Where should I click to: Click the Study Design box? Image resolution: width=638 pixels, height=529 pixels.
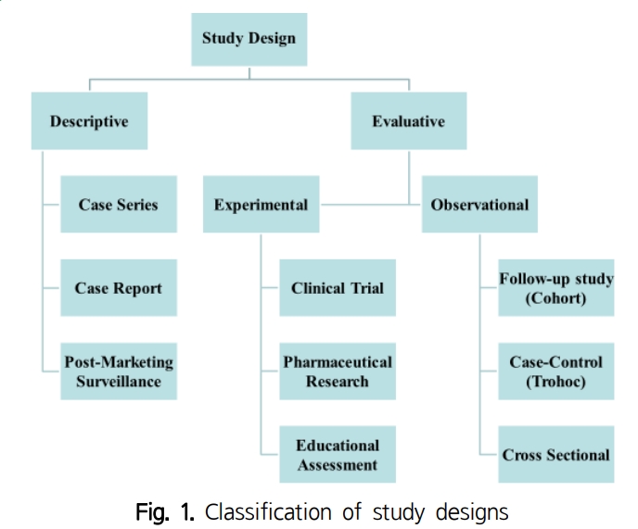(249, 38)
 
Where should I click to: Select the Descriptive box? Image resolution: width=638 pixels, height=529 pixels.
(89, 121)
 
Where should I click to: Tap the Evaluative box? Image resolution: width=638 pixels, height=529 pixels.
(408, 121)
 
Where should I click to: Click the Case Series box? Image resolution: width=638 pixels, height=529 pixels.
(118, 205)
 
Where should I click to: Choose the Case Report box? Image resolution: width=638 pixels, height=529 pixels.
(118, 288)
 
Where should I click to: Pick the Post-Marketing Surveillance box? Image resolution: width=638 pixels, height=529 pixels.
(118, 371)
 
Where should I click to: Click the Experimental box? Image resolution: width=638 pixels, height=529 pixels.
(261, 205)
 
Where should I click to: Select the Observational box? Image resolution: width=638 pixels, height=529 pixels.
(479, 205)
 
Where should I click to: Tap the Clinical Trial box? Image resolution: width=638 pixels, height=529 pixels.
(337, 288)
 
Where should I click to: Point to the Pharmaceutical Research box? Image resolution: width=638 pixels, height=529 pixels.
(337, 371)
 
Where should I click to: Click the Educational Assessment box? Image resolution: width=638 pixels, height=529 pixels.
(337, 454)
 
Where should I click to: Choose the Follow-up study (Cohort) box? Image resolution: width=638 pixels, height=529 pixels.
(555, 288)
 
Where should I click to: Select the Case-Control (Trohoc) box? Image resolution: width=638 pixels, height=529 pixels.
(555, 371)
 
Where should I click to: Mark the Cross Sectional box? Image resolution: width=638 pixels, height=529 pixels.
(555, 454)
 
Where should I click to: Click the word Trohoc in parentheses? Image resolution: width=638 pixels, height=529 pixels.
(555, 381)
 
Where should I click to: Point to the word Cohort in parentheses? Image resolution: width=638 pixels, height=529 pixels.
(555, 298)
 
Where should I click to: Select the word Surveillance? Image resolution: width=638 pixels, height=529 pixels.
(118, 381)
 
